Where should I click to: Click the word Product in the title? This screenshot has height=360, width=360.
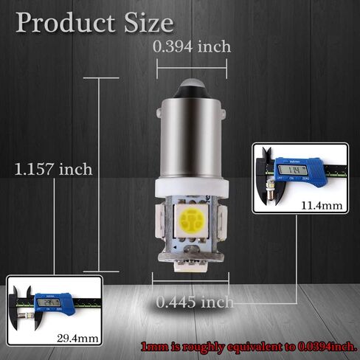pos(66,23)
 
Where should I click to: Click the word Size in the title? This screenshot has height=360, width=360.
pos(149,23)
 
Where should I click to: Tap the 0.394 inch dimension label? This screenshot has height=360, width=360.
pos(192,46)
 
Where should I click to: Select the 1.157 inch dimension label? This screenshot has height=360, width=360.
pos(53,169)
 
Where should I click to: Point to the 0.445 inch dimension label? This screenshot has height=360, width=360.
pos(195,302)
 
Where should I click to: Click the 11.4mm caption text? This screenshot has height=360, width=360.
pos(322,206)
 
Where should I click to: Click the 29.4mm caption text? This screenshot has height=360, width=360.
pos(77,339)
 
